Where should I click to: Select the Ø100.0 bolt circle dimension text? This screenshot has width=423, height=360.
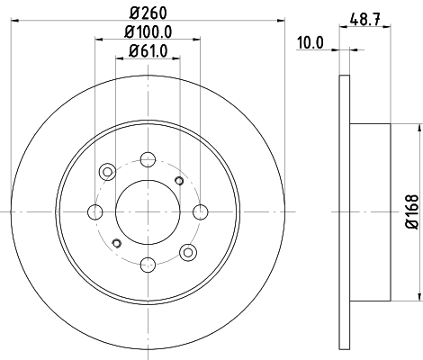pyautogui.click(x=146, y=34)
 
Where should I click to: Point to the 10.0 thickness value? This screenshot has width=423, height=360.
pyautogui.click(x=310, y=41)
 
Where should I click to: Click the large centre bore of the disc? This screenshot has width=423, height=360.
pyautogui.click(x=146, y=211)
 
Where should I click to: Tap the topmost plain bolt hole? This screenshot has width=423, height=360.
pyautogui.click(x=146, y=161)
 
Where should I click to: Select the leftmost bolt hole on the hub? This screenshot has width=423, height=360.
pyautogui.click(x=94, y=212)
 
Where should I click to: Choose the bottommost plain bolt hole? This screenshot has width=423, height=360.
pyautogui.click(x=146, y=263)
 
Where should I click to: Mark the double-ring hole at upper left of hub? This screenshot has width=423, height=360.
pyautogui.click(x=106, y=171)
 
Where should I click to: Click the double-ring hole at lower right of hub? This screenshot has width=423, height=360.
pyautogui.click(x=187, y=252)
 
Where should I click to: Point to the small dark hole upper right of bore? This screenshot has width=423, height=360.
pyautogui.click(x=179, y=182)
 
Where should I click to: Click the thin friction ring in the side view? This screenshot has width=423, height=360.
pyautogui.click(x=344, y=211)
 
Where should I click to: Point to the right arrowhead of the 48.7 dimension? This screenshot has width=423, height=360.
pyautogui.click(x=388, y=27)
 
